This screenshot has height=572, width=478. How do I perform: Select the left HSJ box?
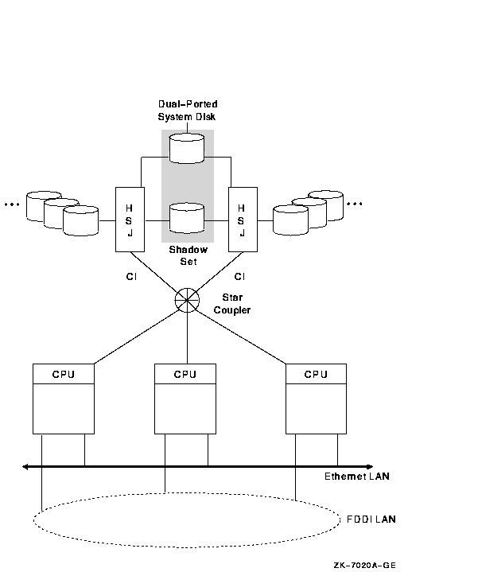[129, 220]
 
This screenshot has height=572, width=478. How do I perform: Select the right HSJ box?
[242, 220]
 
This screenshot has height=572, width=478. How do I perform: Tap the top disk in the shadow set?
[188, 148]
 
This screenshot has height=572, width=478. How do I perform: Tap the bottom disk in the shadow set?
[188, 217]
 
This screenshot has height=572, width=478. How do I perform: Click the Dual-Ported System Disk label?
[188, 110]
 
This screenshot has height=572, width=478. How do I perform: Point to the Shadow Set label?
[188, 255]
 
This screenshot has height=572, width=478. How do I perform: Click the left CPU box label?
[63, 374]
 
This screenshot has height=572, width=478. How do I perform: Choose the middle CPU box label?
[185, 374]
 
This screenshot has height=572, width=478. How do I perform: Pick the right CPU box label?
[316, 374]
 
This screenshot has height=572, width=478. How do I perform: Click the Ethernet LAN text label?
[356, 477]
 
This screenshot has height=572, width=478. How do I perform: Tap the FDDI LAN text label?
[371, 519]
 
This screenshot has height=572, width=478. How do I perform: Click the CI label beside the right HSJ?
[239, 277]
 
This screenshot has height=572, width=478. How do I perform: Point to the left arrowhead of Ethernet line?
[26, 466]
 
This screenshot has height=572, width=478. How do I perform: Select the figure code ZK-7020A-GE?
[363, 565]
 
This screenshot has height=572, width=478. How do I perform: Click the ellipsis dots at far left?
[11, 204]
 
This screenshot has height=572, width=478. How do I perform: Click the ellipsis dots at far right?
[355, 204]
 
